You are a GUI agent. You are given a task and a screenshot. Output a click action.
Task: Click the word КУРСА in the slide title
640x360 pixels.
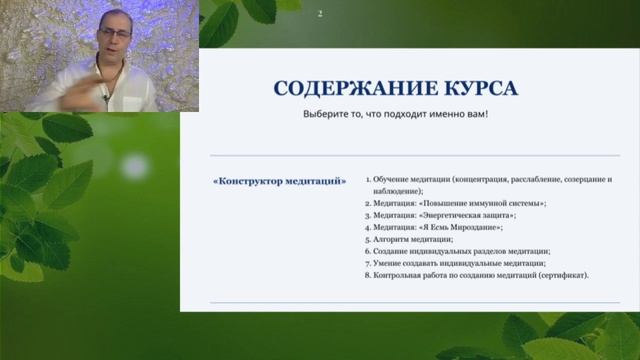tap(479, 88)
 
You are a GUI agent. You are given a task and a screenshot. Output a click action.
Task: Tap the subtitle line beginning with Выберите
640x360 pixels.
tap(395, 114)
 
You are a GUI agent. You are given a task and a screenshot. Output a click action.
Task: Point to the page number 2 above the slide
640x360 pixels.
tap(320, 14)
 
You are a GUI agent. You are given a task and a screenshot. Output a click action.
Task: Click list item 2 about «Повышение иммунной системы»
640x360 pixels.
tap(460, 203)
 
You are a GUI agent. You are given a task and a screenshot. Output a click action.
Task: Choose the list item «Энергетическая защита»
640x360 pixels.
tap(445, 215)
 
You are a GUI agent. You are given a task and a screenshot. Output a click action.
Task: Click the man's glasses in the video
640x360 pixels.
tap(116, 34)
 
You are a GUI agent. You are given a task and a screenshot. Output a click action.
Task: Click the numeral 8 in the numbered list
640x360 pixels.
tap(368, 275)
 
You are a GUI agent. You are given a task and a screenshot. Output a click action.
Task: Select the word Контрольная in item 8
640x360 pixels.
tap(400, 275)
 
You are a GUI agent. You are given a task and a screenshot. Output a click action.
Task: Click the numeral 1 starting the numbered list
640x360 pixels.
tap(368, 179)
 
